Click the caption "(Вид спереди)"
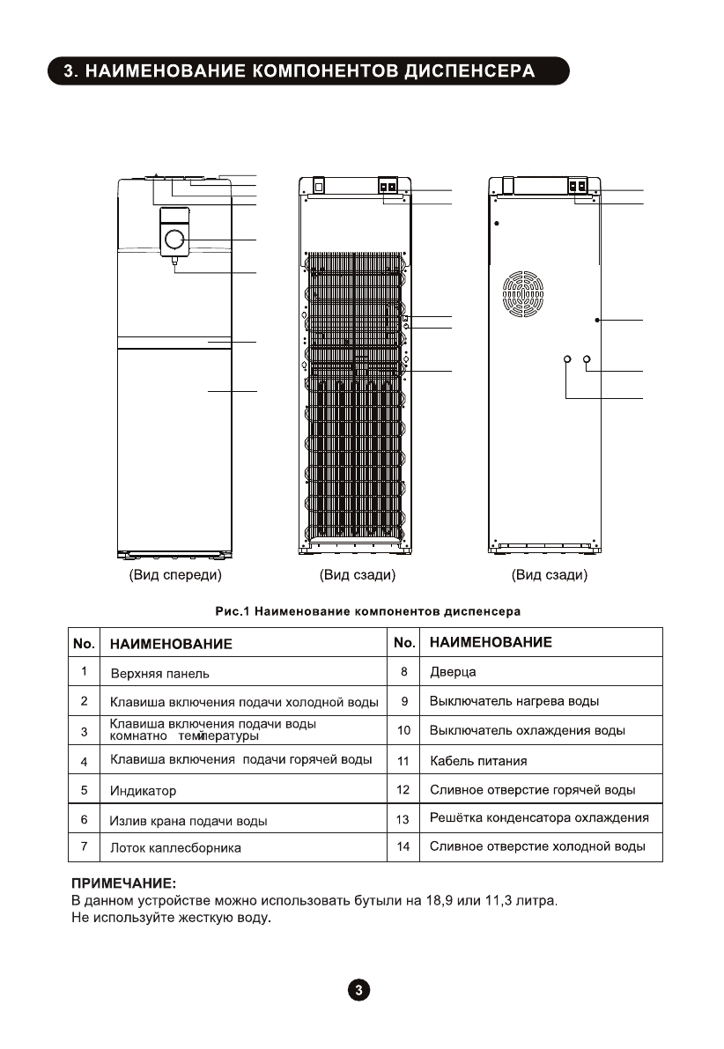point(175,575)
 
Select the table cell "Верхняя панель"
point(160,673)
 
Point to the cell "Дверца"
point(453,672)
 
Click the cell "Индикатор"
point(144,791)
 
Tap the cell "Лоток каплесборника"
point(175,848)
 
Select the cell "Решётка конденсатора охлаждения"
point(539,818)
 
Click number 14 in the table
point(403,846)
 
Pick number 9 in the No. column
point(403,702)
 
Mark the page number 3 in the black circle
point(359,990)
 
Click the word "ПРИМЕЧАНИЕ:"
point(123,882)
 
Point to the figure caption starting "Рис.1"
point(368,610)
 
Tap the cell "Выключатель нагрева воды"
point(514,702)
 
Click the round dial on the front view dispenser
point(174,240)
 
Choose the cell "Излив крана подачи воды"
point(188,821)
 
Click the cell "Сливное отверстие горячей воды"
point(532,790)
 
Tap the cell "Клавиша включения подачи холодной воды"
point(244,702)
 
